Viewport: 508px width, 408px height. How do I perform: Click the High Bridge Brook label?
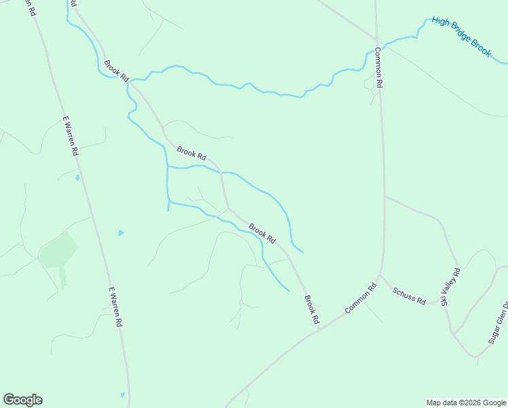pos(461,37)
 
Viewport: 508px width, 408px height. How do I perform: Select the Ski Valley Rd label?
pos(451,286)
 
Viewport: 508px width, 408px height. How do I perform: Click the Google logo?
pos(22,400)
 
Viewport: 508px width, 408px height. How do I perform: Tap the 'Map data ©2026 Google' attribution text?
pos(466,403)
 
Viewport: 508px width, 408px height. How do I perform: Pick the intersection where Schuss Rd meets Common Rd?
pos(381,275)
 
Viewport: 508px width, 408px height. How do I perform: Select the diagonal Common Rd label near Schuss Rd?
pos(360,299)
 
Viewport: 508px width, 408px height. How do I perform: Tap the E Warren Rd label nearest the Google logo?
pos(115,307)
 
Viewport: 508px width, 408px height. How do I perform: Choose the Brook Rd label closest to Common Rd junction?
pos(311,309)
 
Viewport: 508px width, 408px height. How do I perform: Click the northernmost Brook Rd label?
pos(116,71)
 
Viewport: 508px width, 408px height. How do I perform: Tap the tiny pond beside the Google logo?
pos(122,394)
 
